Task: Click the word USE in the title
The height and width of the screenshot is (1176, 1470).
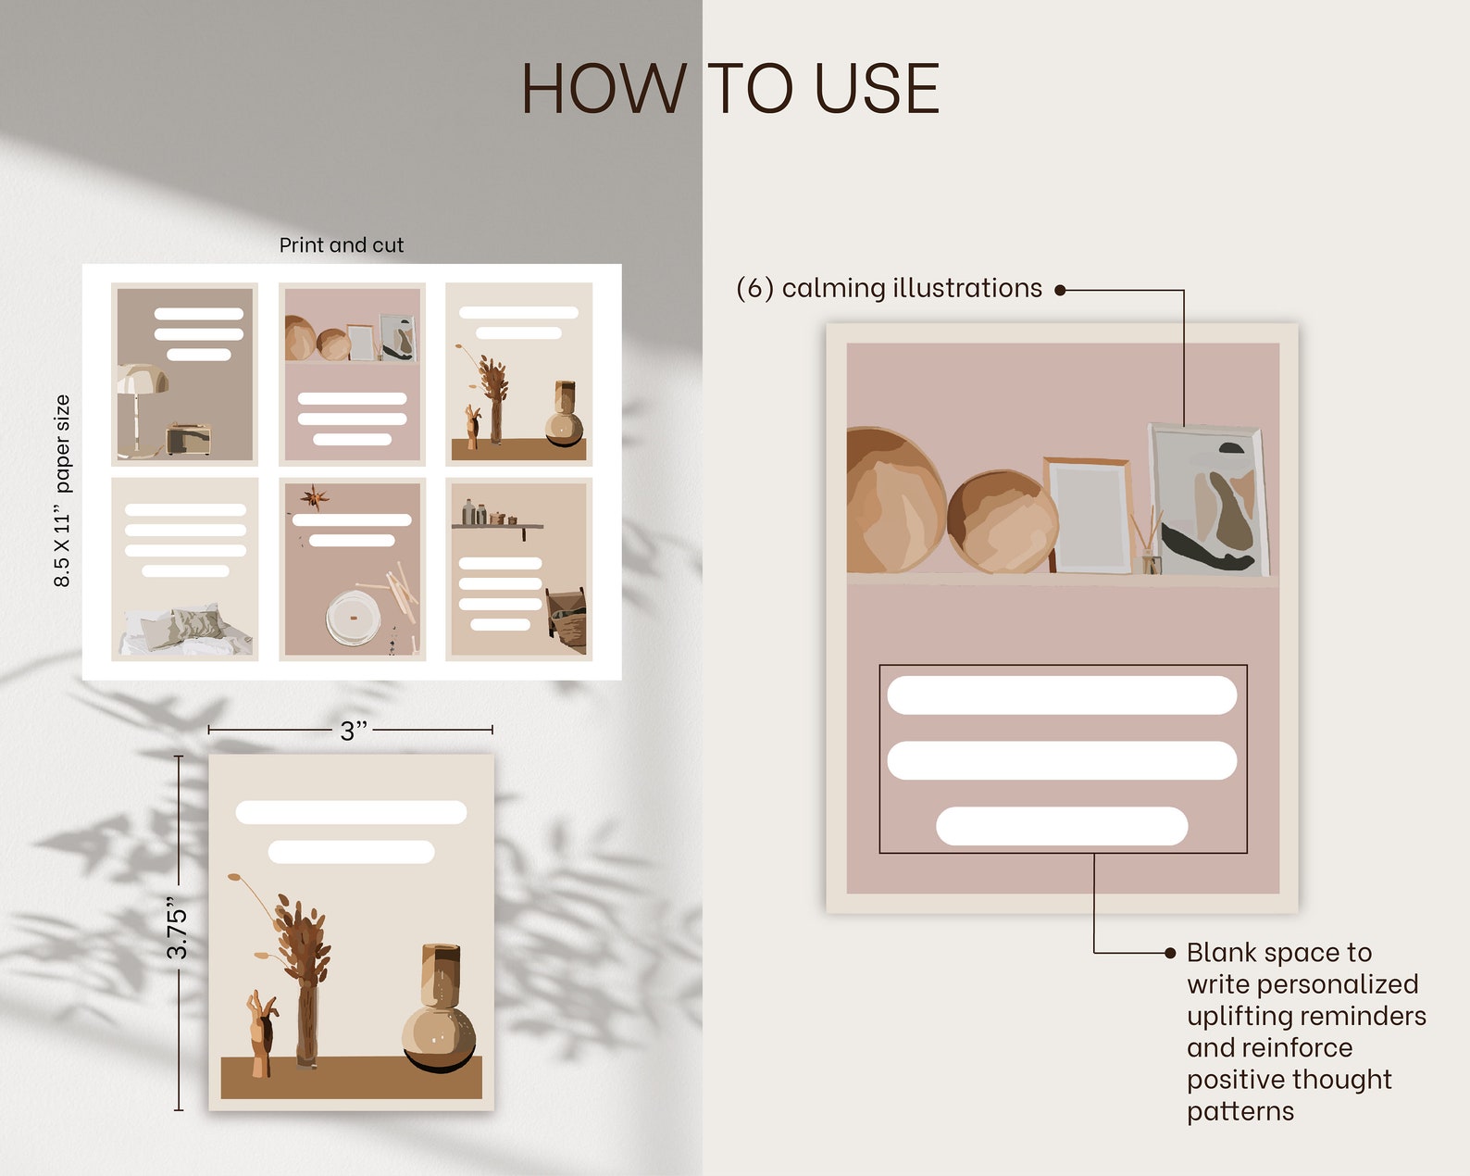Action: (x=877, y=88)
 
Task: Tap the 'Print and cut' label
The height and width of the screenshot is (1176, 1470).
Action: (x=342, y=244)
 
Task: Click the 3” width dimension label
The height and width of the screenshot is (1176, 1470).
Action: (x=354, y=731)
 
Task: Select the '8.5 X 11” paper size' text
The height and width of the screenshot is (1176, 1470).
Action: (x=61, y=491)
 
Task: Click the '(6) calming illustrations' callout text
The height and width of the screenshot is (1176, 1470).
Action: (x=889, y=288)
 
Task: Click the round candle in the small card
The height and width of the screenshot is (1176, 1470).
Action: (x=354, y=618)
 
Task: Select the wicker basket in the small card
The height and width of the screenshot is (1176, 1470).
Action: (x=567, y=617)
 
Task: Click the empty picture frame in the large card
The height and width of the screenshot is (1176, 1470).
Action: (x=1089, y=515)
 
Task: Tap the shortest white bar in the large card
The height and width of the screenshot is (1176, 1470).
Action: (x=1062, y=825)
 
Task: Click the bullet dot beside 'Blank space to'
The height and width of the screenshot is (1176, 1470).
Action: (x=1170, y=953)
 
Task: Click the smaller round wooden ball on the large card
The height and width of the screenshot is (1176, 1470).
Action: (x=1003, y=520)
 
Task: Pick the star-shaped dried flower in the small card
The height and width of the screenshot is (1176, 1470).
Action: (x=314, y=496)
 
